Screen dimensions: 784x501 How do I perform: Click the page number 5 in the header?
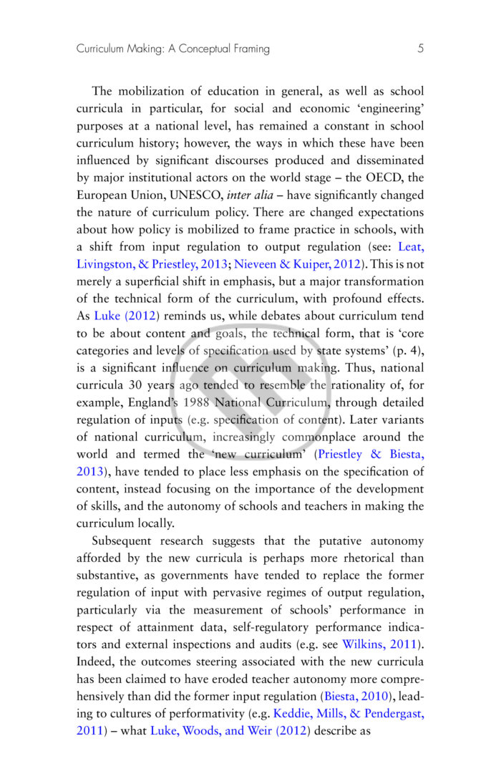point(420,49)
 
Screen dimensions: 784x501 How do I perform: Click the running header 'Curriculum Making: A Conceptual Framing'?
point(173,49)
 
